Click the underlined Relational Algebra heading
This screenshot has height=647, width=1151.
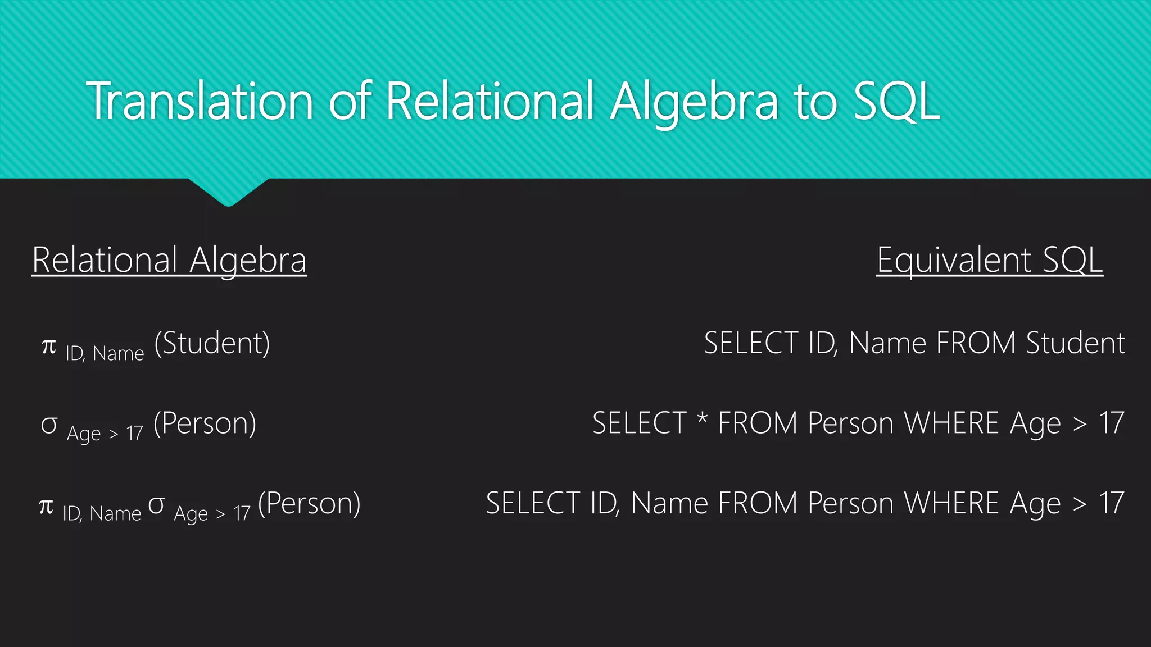169,260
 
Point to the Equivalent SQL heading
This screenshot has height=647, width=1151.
989,260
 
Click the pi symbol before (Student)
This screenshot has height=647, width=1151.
49,346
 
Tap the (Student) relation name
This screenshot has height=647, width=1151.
212,343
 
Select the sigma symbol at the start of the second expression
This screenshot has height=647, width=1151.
49,425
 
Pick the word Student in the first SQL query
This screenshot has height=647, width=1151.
1075,343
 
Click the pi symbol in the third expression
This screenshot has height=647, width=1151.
46,507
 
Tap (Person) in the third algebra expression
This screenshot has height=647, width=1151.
309,503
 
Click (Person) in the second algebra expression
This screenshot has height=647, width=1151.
205,423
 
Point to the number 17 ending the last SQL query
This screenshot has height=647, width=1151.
1111,503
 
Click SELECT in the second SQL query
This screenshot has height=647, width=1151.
640,423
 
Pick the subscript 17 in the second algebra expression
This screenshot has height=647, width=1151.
135,434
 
